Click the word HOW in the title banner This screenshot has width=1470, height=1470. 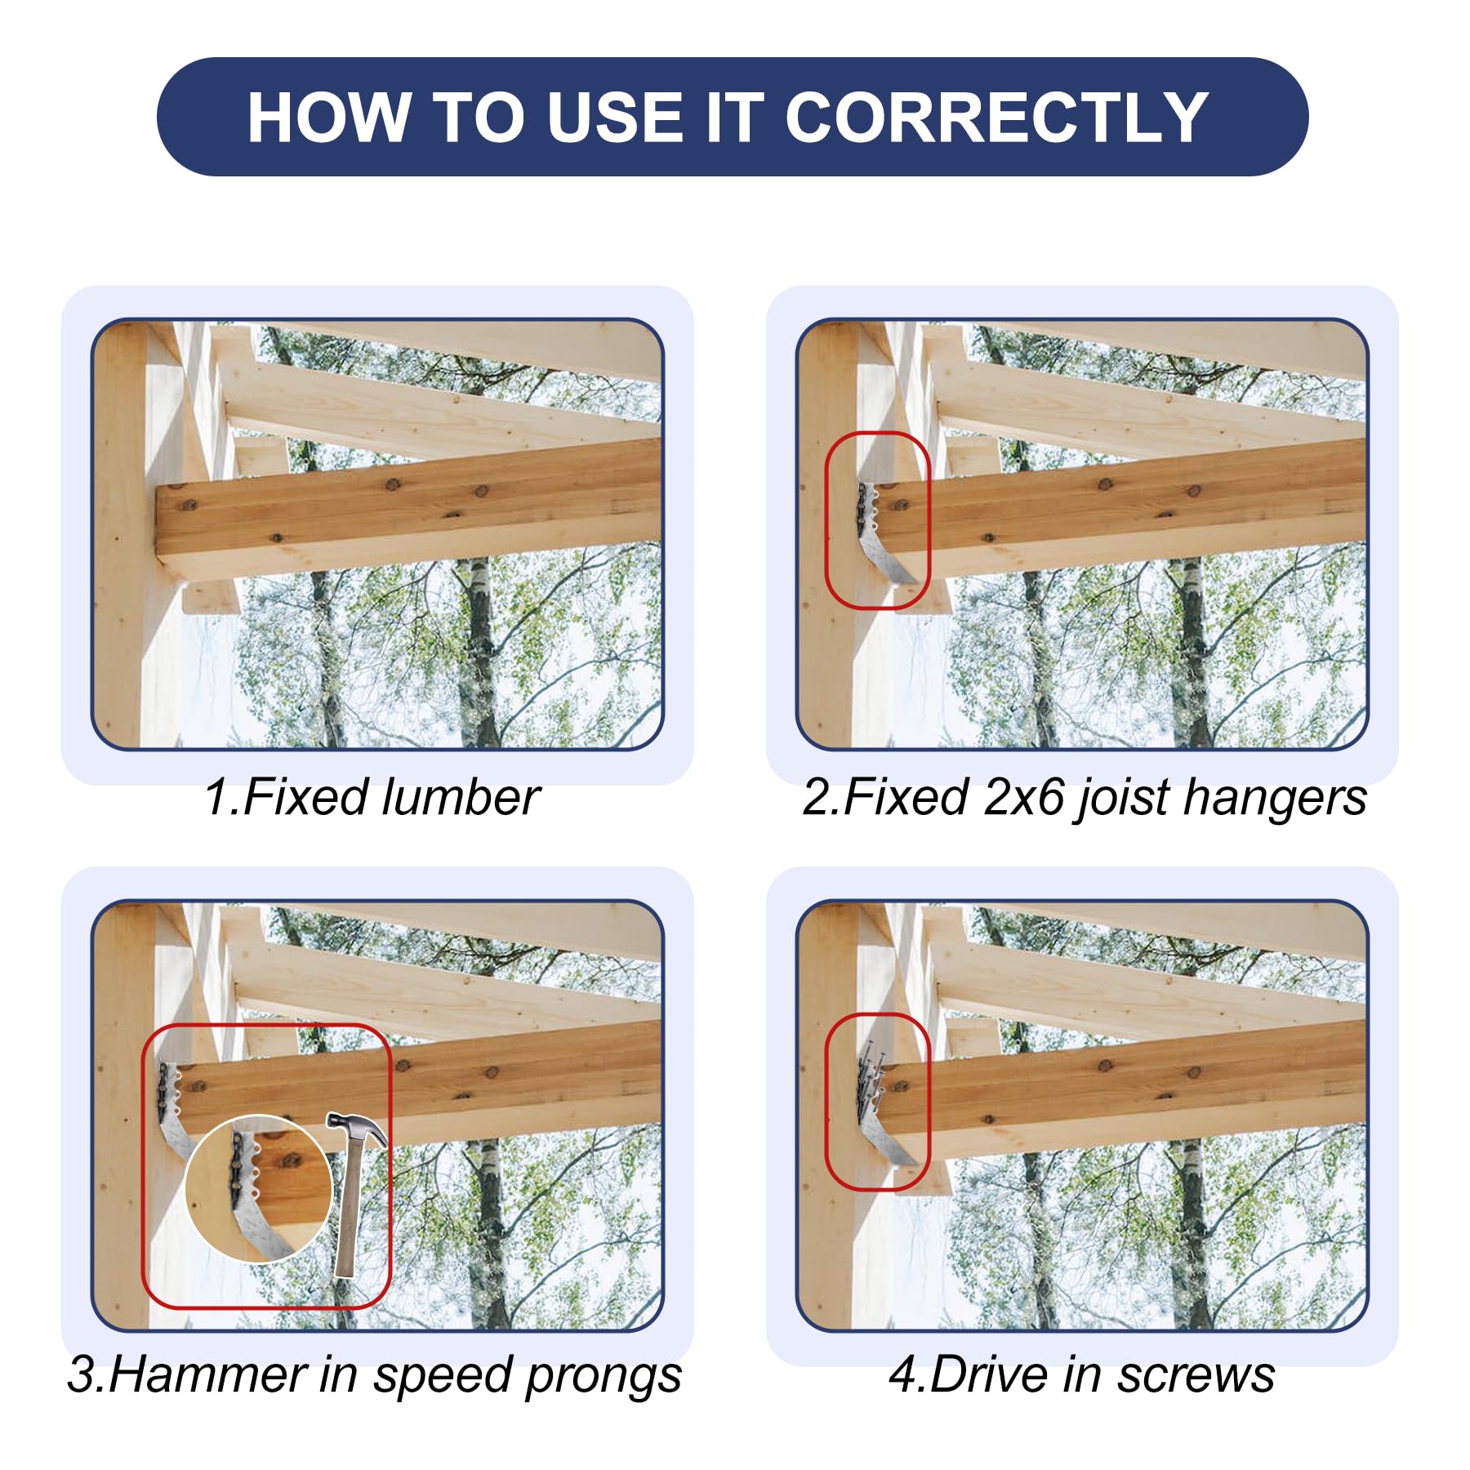point(327,118)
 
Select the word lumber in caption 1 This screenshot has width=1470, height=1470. point(461,797)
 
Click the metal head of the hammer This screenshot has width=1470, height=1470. point(357,1126)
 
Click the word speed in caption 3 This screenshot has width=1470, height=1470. point(444,1377)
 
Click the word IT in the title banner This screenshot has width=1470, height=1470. point(733,118)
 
